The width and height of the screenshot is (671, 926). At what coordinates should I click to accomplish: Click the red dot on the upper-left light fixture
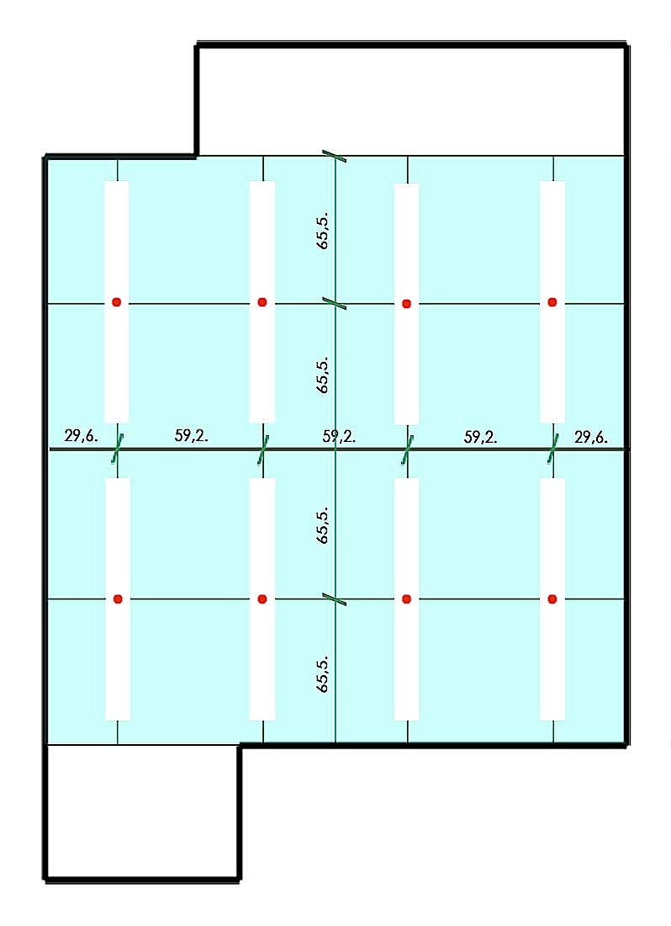point(117,302)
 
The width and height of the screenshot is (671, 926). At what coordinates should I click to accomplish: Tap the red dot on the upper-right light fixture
point(552,302)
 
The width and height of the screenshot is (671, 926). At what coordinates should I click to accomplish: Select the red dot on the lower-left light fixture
point(118,599)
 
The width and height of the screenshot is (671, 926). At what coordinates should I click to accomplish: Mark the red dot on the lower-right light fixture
point(552,599)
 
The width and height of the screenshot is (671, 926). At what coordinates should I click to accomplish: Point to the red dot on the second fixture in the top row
point(262,302)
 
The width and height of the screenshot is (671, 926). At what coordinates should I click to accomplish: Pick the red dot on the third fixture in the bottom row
point(406,599)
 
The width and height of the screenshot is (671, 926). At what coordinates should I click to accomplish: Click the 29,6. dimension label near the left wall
point(82,436)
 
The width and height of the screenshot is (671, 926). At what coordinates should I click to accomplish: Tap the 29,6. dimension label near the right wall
point(591,437)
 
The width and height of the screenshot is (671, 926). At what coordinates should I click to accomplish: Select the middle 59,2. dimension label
point(339,436)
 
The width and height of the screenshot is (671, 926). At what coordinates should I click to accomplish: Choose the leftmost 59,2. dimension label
point(192,436)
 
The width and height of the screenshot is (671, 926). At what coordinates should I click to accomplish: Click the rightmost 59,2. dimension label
point(481,437)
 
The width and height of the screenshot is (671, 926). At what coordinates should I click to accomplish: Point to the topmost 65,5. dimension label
point(323,231)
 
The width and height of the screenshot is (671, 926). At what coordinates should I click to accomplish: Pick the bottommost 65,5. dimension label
point(323,673)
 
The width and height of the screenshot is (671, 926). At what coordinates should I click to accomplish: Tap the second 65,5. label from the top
point(323,375)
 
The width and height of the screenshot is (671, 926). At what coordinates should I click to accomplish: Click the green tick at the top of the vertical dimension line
point(335,156)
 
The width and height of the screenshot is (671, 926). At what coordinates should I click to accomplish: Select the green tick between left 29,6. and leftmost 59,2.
point(118,449)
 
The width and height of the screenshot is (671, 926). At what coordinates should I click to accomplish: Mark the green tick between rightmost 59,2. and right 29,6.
point(553,449)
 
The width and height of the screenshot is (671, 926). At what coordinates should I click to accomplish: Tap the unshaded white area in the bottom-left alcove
point(142,812)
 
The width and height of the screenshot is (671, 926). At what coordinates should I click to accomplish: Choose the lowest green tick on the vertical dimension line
point(335,600)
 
